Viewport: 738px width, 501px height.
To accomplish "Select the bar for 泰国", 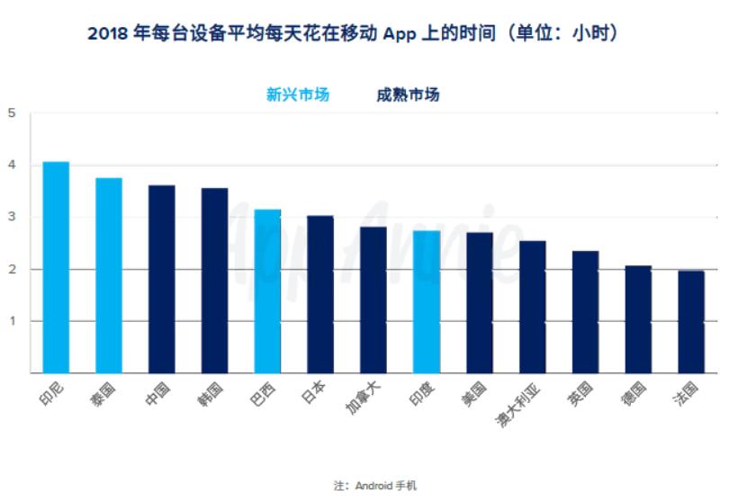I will point(109,275).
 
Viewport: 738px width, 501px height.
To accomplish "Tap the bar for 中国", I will point(162,279).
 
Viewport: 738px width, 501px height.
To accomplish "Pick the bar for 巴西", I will point(267,291).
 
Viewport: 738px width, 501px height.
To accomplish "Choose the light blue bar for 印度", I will point(427,302).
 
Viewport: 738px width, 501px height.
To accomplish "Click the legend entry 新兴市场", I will point(298,94).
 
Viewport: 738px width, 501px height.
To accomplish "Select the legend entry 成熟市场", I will point(408,94).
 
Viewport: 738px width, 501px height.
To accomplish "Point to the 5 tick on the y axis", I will point(13,113).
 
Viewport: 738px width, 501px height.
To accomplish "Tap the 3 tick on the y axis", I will point(13,218).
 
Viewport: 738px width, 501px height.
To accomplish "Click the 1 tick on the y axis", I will point(13,321).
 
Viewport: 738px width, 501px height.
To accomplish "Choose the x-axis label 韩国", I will point(212,394).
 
